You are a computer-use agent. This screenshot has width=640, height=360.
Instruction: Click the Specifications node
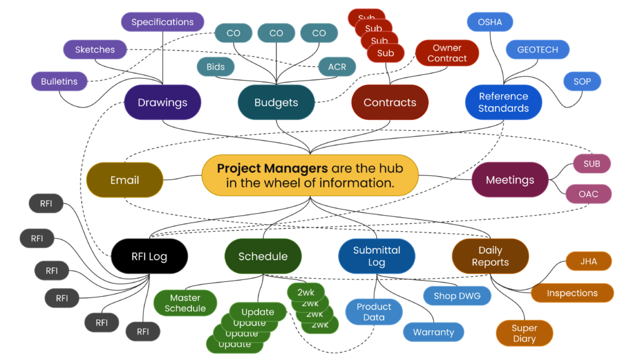[x=162, y=22]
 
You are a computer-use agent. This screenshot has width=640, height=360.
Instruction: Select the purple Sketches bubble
[x=95, y=50]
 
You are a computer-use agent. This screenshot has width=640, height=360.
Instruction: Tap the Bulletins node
[x=59, y=81]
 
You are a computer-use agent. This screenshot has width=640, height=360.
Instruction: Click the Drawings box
[x=162, y=102]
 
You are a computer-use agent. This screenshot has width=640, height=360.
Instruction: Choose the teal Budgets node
[x=276, y=102]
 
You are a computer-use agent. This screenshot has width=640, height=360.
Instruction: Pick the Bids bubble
[x=216, y=67]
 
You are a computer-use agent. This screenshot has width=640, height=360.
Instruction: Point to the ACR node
[x=337, y=67]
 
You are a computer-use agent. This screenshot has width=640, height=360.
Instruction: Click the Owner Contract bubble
[x=447, y=53]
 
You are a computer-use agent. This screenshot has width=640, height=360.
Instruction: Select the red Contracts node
[x=390, y=102]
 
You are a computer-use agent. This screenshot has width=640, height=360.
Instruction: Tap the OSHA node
[x=490, y=22]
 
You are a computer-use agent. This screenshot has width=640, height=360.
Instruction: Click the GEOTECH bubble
[x=537, y=50]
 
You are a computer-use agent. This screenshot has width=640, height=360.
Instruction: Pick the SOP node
[x=582, y=82]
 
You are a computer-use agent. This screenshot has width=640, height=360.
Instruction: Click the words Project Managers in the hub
[x=272, y=169]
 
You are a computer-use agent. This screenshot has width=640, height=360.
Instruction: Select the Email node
[x=124, y=180]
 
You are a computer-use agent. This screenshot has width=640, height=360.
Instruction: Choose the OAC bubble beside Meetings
[x=588, y=194]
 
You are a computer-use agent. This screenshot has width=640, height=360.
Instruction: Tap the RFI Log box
[x=149, y=256]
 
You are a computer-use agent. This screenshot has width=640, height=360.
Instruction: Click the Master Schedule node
[x=185, y=303]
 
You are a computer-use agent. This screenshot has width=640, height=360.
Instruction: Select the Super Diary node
[x=524, y=333]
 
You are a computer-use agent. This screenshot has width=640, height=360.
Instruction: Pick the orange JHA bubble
[x=588, y=261]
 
